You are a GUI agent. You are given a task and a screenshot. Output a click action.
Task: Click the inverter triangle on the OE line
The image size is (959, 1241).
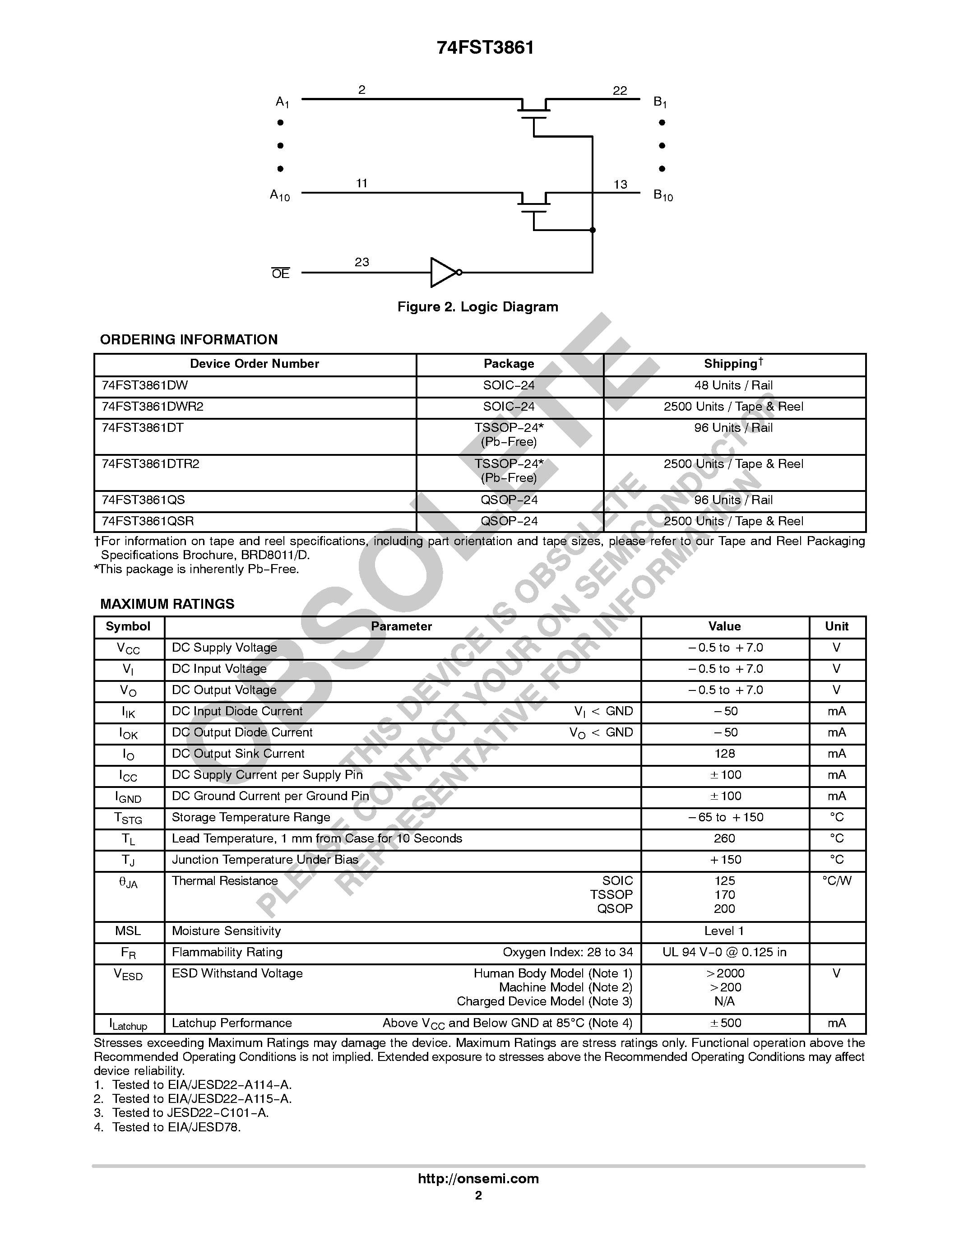coord(443,272)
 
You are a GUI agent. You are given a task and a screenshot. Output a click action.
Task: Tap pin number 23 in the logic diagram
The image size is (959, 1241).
coord(362,262)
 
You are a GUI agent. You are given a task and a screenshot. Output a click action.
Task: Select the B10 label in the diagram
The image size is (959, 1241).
coord(662,195)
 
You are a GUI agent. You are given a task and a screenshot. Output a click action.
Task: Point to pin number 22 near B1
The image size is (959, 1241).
coord(620,90)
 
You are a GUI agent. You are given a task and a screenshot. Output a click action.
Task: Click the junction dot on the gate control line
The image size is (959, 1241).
coord(593,230)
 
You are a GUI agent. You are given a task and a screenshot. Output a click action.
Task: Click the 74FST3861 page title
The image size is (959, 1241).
coord(485,48)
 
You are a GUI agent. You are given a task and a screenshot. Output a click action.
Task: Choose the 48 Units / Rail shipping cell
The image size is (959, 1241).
coord(733,385)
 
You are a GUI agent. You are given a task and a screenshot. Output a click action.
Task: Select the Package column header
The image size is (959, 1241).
coord(509,364)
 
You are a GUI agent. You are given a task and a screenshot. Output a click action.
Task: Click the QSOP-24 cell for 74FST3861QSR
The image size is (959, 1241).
coord(509,521)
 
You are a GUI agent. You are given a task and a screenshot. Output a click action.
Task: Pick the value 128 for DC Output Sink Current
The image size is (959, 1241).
coord(724,754)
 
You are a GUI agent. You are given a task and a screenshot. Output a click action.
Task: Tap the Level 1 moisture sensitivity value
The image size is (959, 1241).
coord(724,931)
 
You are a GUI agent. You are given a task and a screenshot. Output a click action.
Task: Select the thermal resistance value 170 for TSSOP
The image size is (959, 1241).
coord(724,894)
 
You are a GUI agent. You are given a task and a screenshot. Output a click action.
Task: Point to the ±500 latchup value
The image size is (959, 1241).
coord(725,1023)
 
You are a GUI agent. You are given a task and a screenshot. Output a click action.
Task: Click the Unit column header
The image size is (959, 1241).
coord(836,626)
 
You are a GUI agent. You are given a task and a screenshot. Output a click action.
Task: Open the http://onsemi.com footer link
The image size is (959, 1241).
coord(478,1178)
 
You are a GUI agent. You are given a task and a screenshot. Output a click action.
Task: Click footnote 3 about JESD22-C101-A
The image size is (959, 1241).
coord(182,1112)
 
